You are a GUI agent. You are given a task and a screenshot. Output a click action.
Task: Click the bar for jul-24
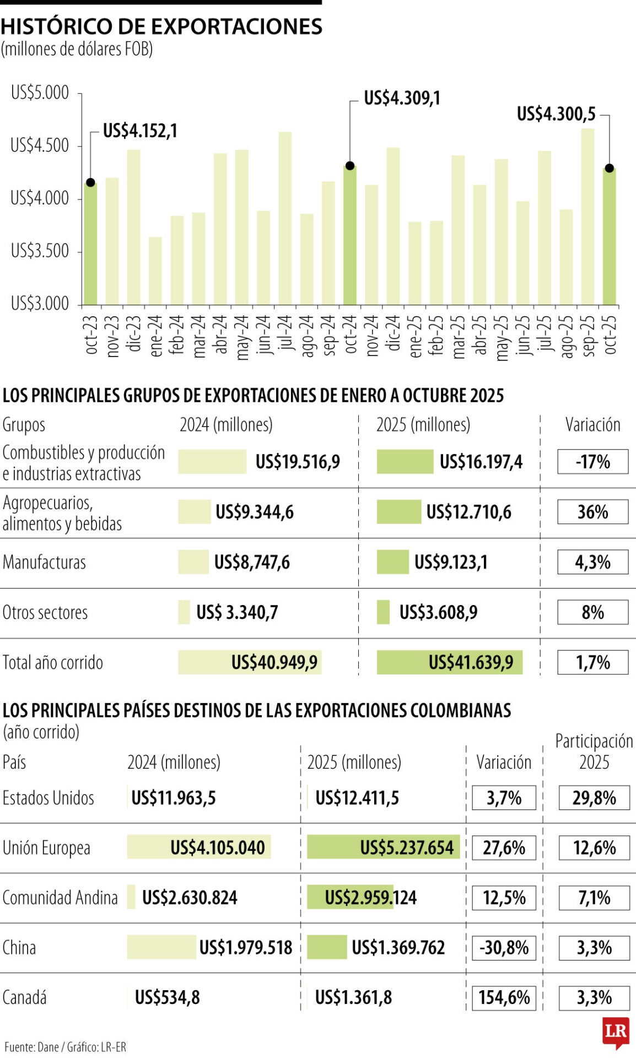(285, 218)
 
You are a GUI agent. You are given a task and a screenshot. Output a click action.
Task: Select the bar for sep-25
(588, 217)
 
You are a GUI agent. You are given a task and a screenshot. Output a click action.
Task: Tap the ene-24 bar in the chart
(155, 271)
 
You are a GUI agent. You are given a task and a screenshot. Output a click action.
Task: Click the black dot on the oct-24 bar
(350, 166)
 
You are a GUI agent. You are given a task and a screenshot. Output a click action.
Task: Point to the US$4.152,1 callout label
(140, 131)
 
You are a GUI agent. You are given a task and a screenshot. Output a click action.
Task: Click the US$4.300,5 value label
(556, 114)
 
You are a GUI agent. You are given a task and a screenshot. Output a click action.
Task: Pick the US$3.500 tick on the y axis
(40, 251)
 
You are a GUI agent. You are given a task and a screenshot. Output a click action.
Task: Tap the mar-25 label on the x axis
(459, 337)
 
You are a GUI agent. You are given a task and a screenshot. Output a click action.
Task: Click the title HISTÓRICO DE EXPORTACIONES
(161, 26)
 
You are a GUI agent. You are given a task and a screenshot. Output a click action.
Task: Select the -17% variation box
(592, 462)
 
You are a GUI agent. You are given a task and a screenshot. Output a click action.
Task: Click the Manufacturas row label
(45, 563)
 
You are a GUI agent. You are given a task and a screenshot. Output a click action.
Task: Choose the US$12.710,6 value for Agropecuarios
(468, 512)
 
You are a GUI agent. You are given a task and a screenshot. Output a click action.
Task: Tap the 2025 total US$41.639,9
(471, 662)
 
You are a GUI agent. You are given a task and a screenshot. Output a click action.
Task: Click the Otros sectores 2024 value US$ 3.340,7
(237, 612)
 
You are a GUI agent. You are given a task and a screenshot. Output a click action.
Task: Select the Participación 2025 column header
(594, 752)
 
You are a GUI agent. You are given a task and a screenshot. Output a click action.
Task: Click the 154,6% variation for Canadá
(504, 997)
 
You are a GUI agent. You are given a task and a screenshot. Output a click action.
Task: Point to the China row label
(19, 948)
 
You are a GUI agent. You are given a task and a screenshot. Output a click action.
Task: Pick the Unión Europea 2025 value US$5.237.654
(407, 848)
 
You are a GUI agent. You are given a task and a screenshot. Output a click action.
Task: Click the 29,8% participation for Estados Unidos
(594, 798)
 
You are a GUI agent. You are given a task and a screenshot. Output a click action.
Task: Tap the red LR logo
(616, 1032)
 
